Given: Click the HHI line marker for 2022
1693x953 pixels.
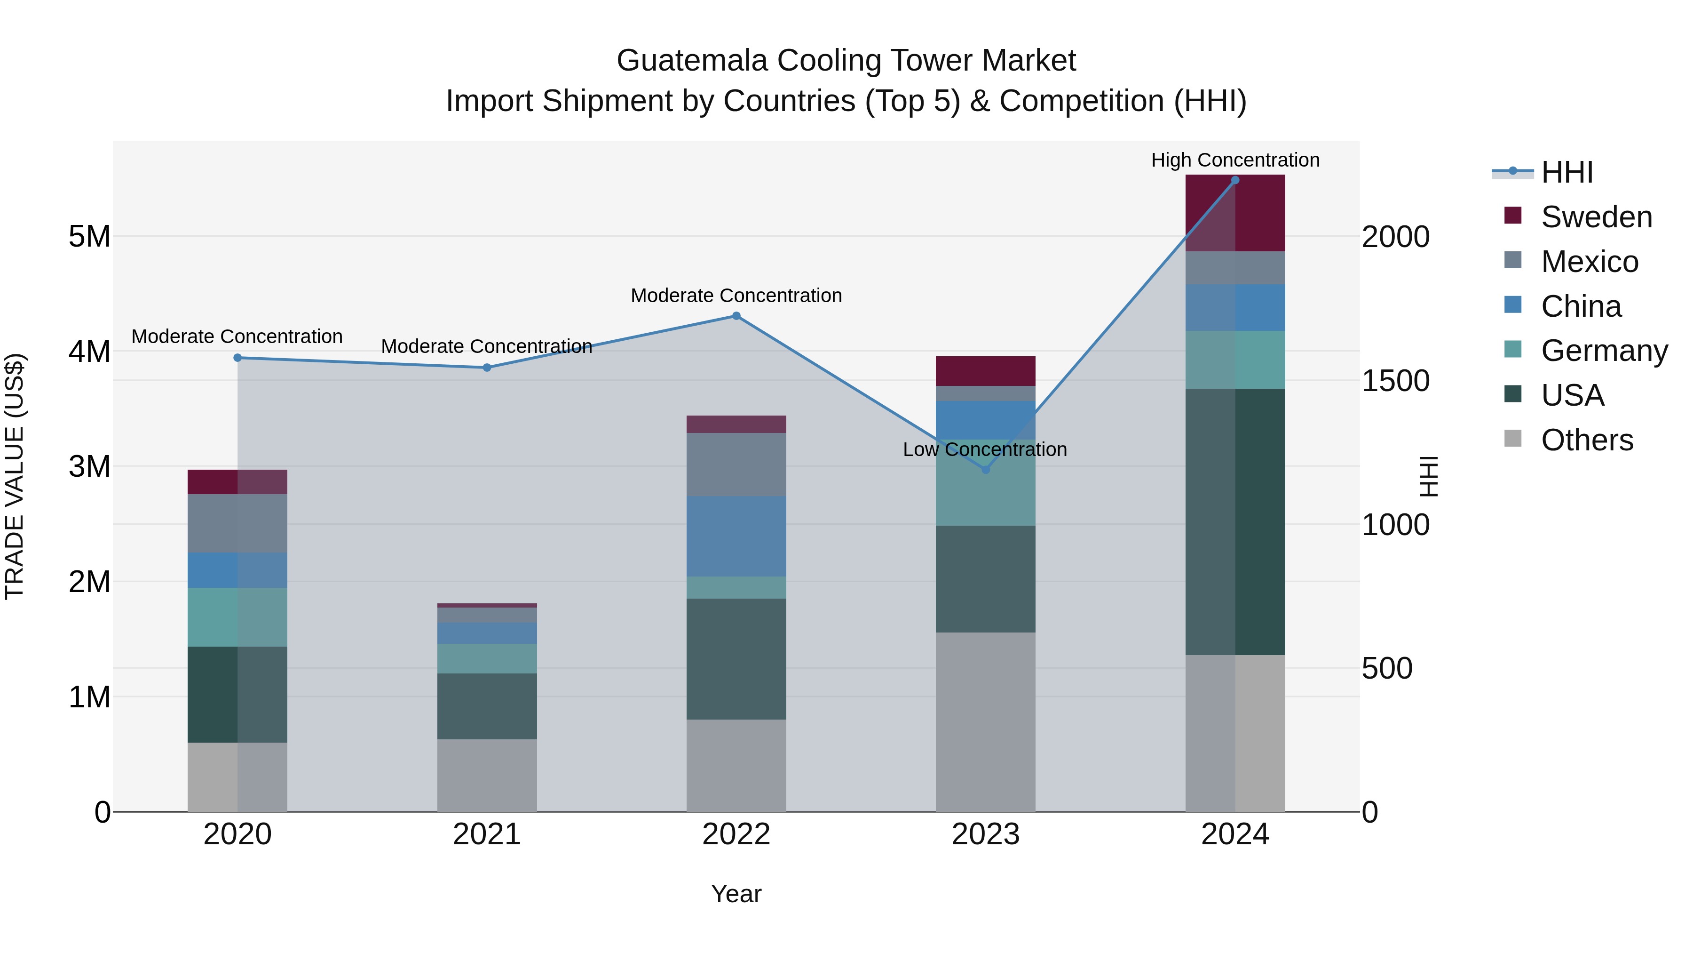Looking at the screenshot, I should (x=736, y=316).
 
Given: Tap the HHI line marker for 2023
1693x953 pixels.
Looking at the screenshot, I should (x=985, y=470).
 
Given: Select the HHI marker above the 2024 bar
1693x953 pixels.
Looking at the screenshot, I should (x=1235, y=180).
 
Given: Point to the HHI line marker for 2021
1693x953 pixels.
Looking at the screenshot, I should (x=487, y=368).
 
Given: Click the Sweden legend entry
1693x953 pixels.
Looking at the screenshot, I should (x=1596, y=217).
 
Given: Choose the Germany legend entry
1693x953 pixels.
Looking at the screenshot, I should (x=1604, y=351).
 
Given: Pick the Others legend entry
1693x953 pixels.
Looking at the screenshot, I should (x=1587, y=440).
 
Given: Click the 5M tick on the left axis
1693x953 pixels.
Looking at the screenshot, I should (x=89, y=236).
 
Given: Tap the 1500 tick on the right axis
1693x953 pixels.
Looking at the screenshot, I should (x=1395, y=381).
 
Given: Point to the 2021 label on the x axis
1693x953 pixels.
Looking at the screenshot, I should (x=487, y=834).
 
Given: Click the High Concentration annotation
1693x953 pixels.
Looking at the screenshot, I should (x=1235, y=160).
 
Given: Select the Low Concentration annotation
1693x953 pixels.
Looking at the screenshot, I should (x=984, y=450).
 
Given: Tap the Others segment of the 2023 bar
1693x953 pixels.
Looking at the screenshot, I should (x=985, y=721).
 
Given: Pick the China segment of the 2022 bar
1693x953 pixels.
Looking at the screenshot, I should (x=736, y=536).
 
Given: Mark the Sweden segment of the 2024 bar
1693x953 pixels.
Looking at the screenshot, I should (x=1235, y=213).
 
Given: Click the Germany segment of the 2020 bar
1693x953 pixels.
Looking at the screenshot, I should (x=237, y=617).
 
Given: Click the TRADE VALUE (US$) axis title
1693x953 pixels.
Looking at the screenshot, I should (x=15, y=476).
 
